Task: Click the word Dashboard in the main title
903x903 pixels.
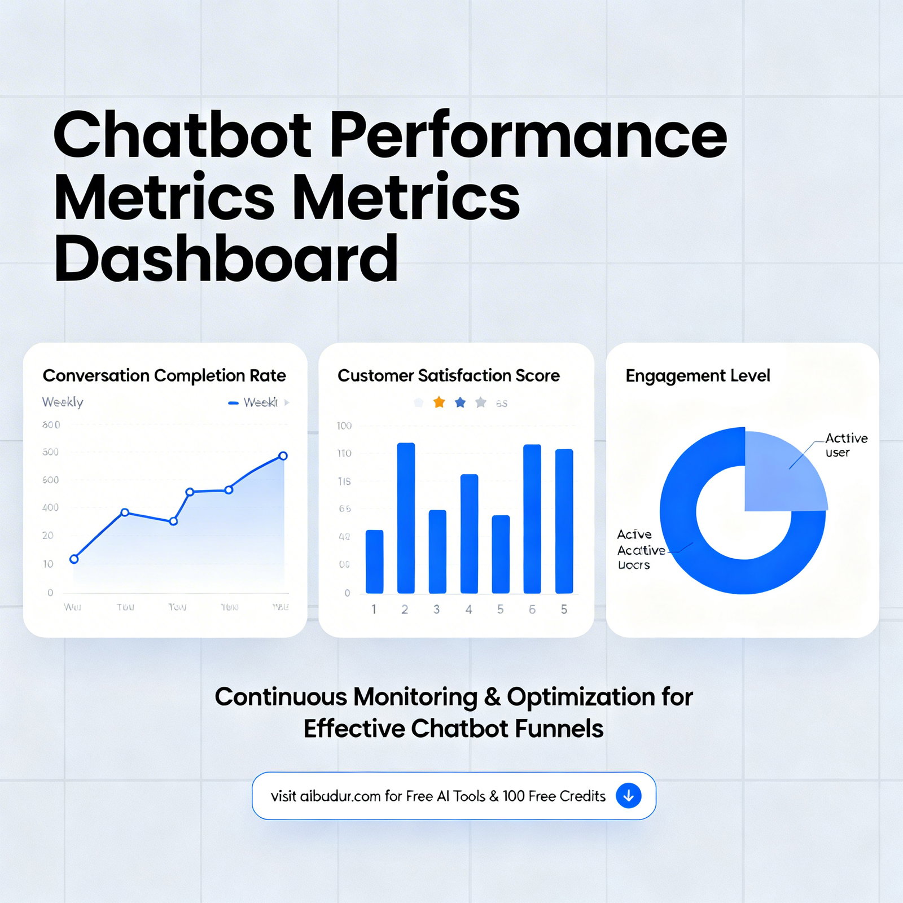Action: [x=226, y=259]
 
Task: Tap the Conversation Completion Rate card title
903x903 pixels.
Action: [x=164, y=375]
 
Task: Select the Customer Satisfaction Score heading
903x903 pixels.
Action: [x=448, y=375]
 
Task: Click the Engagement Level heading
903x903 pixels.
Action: [x=698, y=375]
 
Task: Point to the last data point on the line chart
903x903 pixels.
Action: [x=283, y=456]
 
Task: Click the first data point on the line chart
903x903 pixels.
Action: [x=74, y=559]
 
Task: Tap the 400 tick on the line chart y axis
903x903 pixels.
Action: [x=50, y=507]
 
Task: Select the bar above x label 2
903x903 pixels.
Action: [x=406, y=518]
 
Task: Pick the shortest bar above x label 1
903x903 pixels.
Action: [x=374, y=562]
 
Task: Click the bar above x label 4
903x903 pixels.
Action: [x=469, y=533]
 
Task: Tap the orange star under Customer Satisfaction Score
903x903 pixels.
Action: [x=439, y=402]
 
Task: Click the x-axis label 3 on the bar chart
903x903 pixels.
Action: [x=436, y=610]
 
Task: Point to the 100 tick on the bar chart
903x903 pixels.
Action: [x=344, y=426]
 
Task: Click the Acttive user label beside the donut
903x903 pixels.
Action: [x=845, y=445]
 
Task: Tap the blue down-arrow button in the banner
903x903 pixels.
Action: [x=628, y=796]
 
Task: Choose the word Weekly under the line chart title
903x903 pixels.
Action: [x=63, y=402]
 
